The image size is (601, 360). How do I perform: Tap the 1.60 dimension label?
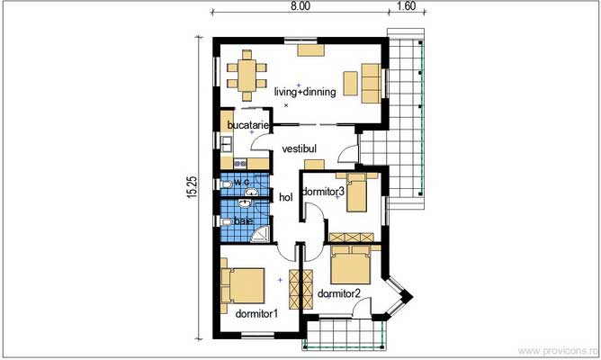point(405,5)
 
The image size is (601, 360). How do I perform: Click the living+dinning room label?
point(305,91)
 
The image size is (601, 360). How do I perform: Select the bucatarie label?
point(245,124)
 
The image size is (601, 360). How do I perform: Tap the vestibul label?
point(299,148)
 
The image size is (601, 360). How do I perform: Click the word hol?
point(286,197)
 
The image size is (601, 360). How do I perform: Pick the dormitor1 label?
point(256,314)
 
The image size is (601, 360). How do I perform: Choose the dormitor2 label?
point(338,292)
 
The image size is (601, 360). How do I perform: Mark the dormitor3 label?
point(323,192)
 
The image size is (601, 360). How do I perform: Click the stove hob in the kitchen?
point(240,163)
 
